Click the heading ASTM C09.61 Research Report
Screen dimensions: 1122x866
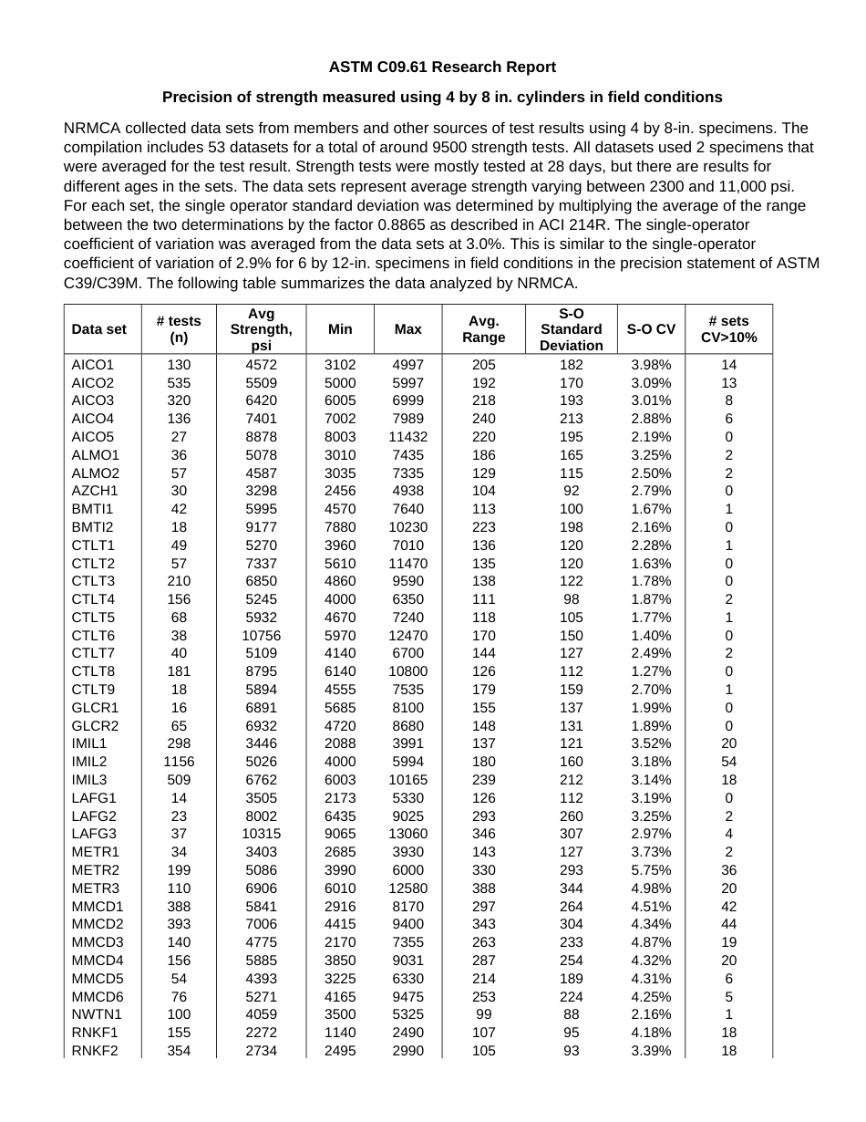442,67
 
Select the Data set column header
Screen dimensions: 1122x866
99,329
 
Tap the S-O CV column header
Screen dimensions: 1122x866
651,329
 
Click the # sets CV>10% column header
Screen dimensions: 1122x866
728,329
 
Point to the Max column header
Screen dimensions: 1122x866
407,329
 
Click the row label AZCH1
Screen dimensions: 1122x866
95,491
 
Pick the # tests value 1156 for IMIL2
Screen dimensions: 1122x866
179,762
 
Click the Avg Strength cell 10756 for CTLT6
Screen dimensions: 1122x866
261,636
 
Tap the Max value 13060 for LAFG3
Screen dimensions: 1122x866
407,834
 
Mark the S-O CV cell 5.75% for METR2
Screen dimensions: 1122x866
651,870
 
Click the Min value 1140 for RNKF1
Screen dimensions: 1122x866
340,1033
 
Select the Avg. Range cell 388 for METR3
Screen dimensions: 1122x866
483,888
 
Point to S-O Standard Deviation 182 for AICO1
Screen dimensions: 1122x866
571,365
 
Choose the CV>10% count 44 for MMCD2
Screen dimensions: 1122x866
728,924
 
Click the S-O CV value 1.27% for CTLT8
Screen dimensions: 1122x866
651,671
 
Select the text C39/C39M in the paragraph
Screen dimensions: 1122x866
102,283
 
